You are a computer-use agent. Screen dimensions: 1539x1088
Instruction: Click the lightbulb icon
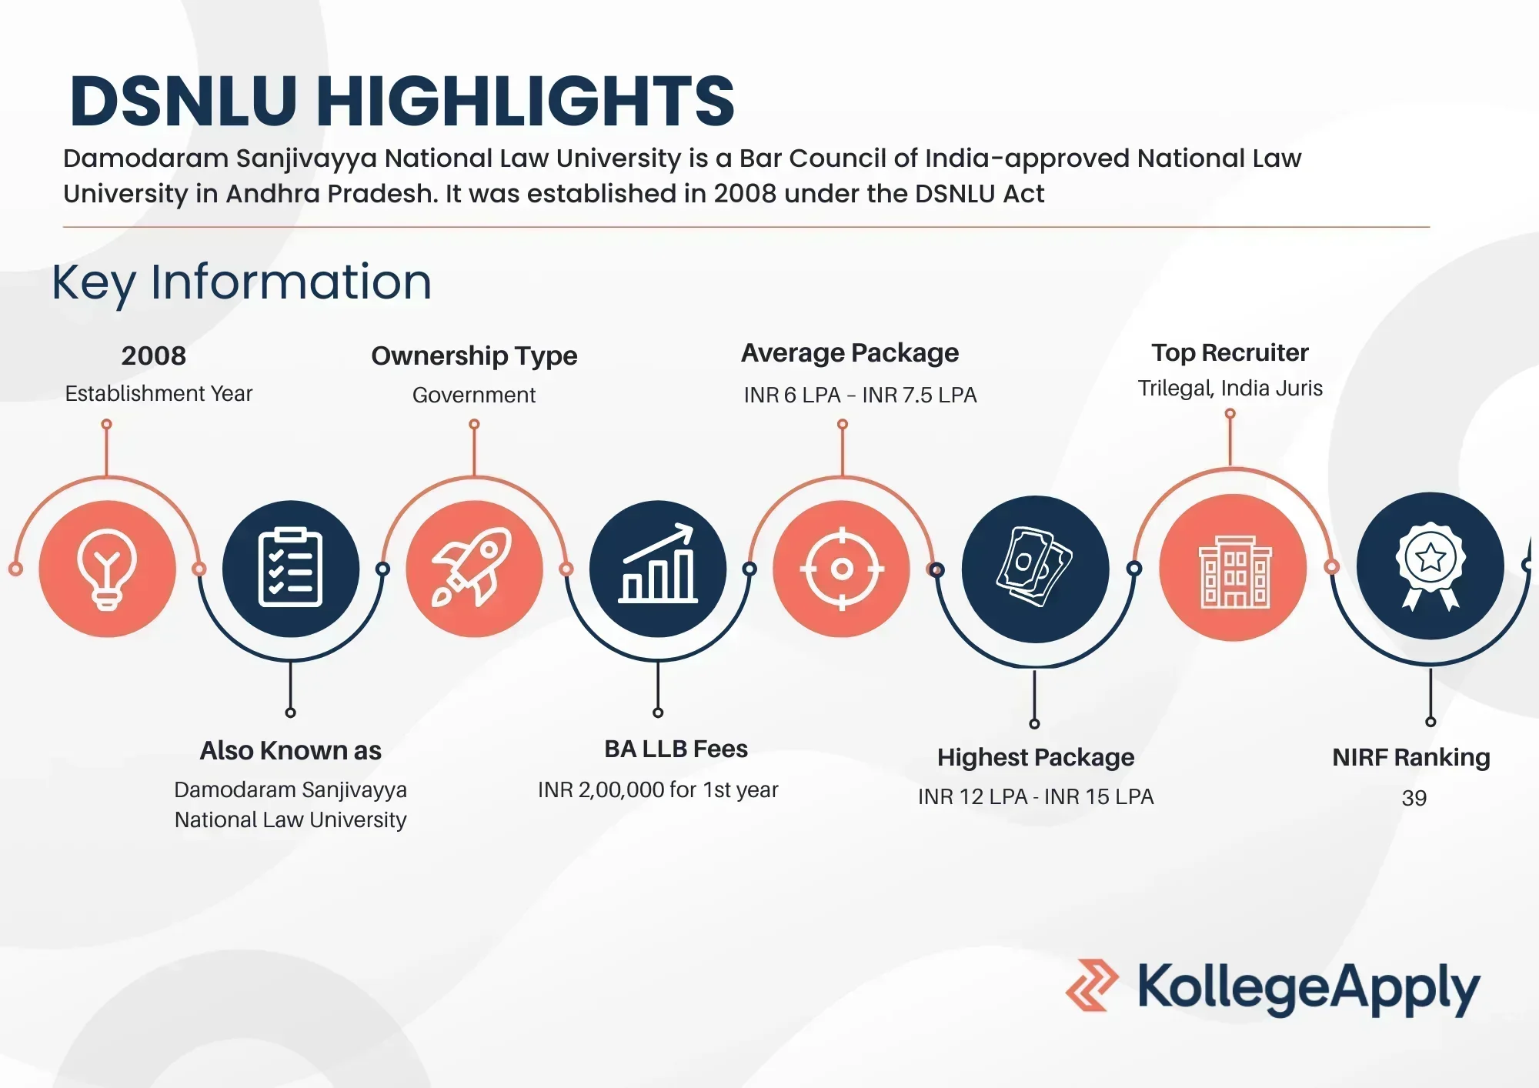tap(107, 569)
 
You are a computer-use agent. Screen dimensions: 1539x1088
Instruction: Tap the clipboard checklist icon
tap(290, 567)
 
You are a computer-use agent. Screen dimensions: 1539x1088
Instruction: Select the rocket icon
tap(472, 567)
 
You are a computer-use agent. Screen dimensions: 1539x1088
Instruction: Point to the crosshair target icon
tap(842, 569)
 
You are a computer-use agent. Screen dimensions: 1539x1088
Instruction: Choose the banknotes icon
tap(1035, 567)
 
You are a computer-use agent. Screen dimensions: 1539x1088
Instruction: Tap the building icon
tap(1235, 572)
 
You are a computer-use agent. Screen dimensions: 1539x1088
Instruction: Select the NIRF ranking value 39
tap(1414, 798)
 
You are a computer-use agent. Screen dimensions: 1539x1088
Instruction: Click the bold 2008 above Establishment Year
tap(154, 355)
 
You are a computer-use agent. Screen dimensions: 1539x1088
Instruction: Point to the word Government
tap(474, 395)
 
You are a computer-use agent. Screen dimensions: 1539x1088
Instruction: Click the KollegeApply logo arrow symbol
tap(1092, 985)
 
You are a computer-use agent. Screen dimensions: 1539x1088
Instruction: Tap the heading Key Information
tap(242, 282)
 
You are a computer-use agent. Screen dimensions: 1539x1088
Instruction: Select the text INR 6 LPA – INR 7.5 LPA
tap(860, 395)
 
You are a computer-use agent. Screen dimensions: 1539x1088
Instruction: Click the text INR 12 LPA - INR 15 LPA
tap(1036, 796)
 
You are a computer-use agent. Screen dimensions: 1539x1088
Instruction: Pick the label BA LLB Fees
tap(676, 749)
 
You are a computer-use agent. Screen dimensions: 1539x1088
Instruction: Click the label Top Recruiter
tap(1230, 352)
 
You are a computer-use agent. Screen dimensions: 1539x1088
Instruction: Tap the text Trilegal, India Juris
tap(1230, 389)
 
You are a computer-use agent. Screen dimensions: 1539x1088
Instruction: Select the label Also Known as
tap(291, 750)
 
